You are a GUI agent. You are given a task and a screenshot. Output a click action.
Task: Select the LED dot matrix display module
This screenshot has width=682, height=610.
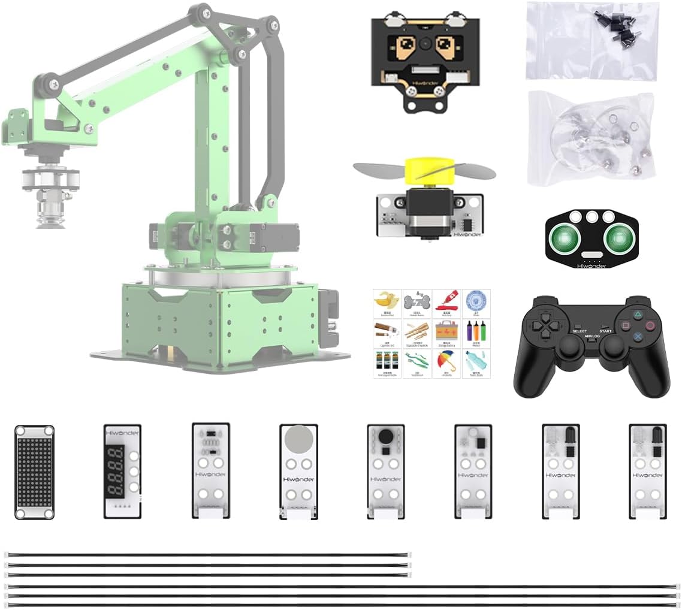coord(34,472)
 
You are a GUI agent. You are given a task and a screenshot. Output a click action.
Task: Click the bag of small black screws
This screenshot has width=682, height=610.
coord(592,41)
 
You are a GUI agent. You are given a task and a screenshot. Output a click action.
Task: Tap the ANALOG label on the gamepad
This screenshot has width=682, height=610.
coord(592,336)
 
